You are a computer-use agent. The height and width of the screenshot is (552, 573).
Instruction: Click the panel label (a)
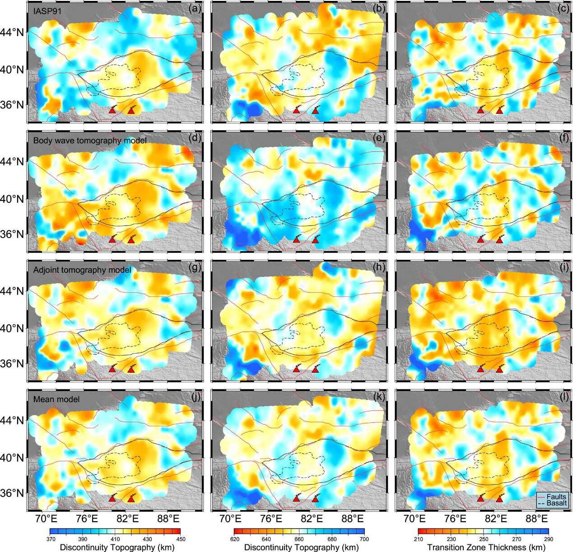coord(195,8)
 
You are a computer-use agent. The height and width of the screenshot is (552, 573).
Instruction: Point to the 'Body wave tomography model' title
coord(90,140)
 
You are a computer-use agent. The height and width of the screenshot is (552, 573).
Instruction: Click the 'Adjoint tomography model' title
coord(82,270)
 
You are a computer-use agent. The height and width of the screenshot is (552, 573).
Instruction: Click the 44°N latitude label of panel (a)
coord(15,33)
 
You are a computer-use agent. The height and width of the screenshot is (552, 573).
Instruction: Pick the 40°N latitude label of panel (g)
coord(15,328)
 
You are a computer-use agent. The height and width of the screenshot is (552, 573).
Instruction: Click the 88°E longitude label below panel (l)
coord(537,518)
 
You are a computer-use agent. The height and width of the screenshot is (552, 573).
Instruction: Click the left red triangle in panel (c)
coord(480,110)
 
